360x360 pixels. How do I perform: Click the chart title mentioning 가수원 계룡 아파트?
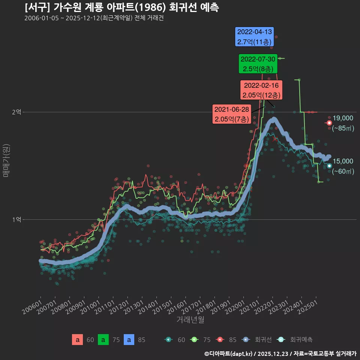[x=121, y=7]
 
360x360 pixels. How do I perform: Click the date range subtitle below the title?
[x=94, y=18]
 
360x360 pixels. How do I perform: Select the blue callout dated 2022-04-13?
[x=254, y=37]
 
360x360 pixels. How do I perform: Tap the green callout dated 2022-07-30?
[x=258, y=64]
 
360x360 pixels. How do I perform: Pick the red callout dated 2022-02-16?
[x=261, y=90]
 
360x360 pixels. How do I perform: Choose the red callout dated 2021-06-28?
[x=231, y=114]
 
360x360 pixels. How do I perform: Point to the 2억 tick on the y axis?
[x=16, y=112]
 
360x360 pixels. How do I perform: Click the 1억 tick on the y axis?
[x=16, y=219]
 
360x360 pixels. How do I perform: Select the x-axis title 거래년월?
[x=190, y=319]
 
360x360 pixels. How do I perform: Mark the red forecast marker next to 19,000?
[x=329, y=123]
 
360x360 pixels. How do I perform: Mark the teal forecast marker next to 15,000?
[x=329, y=166]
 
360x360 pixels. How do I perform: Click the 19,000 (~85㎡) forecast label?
[x=343, y=123]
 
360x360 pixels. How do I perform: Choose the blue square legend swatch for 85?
[x=129, y=340]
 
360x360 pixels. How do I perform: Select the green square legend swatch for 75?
[x=103, y=340]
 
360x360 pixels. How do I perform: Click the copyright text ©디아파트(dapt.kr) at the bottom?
[x=229, y=353]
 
